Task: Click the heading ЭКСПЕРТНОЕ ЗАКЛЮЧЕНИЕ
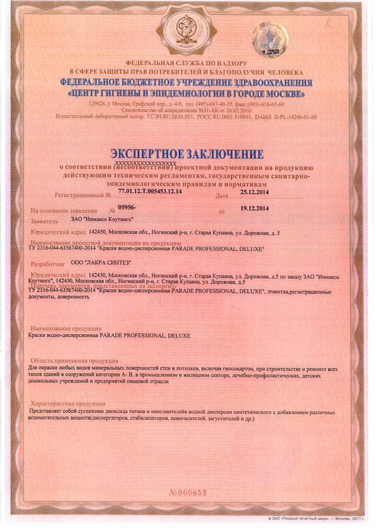187,154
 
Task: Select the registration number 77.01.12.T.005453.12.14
150,192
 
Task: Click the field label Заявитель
44,221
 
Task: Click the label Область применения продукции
74,361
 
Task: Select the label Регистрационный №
83,195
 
